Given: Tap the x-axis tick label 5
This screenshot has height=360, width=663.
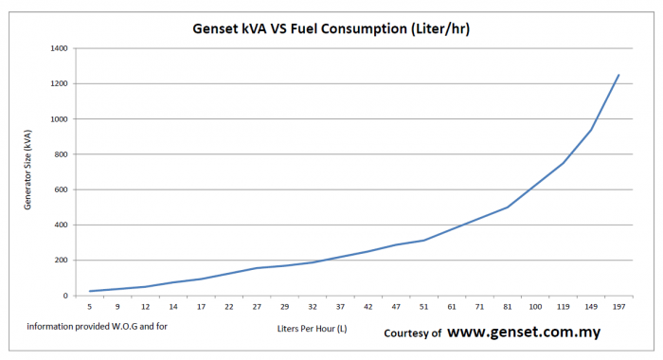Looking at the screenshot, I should click(90, 307).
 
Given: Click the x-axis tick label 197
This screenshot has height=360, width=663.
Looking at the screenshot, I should click(618, 307).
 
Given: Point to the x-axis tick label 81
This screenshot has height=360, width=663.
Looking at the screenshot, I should click(508, 307).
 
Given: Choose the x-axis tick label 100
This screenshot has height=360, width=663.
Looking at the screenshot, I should click(535, 307).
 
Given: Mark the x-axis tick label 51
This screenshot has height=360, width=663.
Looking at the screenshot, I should click(424, 307).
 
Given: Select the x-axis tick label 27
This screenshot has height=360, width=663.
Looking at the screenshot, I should click(257, 307).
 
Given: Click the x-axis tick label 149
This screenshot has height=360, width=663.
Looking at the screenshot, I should click(591, 307).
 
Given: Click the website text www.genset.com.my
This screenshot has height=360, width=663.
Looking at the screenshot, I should click(523, 333).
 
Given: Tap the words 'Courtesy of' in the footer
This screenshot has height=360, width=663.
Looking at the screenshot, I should click(412, 333).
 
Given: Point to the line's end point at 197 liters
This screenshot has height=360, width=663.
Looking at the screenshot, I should click(618, 75).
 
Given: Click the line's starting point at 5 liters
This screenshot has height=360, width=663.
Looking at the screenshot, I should click(90, 291).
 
